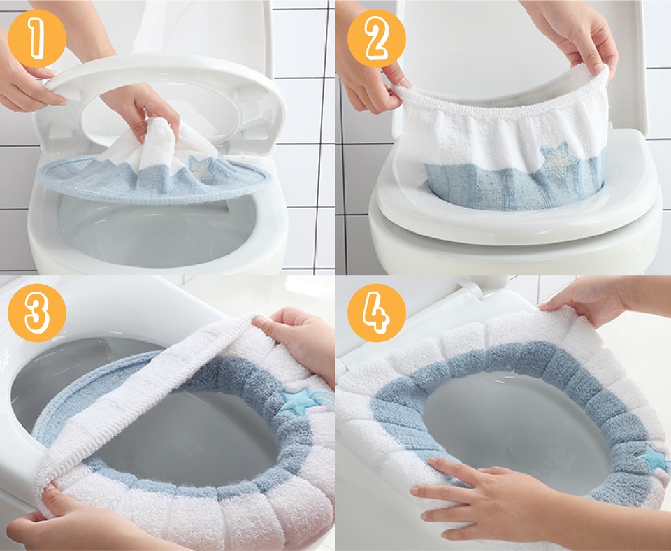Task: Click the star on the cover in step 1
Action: click(201, 168)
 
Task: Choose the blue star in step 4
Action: click(653, 458)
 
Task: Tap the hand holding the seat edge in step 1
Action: click(24, 80)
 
